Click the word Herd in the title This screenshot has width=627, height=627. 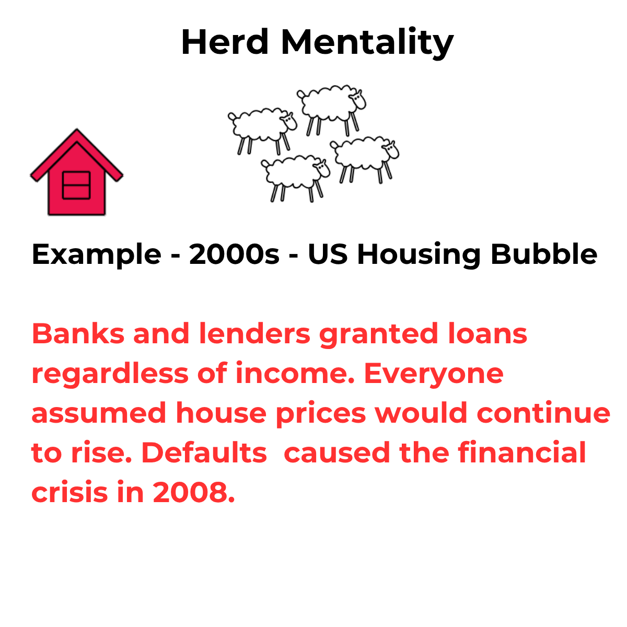pos(225,42)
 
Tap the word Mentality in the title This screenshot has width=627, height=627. pos(367,43)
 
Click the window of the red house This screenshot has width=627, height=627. pos(76,185)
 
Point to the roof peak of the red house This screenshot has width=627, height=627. pos(77,129)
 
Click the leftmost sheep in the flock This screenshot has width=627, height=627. pos(262,131)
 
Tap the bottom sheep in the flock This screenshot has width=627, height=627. pos(295,178)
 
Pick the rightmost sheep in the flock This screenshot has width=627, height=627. pos(364,159)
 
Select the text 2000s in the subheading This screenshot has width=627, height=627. pos(234,254)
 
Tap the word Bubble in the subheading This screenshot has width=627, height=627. pos(544,253)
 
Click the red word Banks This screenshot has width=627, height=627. pos(78,333)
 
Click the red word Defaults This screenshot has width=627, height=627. pos(204,452)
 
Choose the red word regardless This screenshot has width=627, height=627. pos(110,375)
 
